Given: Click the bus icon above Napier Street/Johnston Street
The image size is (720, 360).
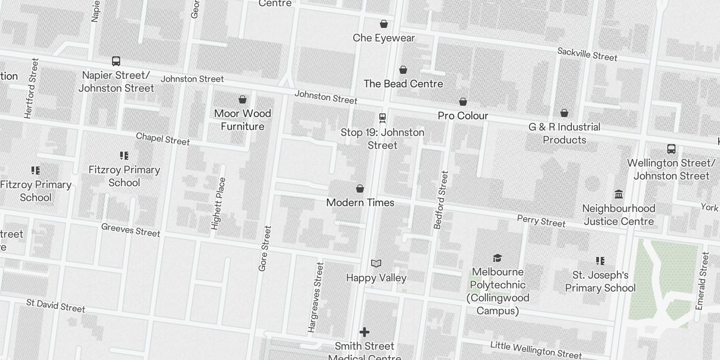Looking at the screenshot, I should click(116, 61).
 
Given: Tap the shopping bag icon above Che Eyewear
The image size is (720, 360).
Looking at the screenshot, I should click(384, 24).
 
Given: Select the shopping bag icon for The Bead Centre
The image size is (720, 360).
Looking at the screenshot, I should click(403, 70).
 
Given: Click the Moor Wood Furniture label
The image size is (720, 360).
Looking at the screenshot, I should click(243, 120).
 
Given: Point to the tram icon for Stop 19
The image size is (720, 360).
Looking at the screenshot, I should click(382, 118).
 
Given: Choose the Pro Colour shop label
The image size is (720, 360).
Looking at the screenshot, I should click(463, 116).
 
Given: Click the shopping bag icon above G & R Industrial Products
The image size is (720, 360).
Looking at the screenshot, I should click(564, 113).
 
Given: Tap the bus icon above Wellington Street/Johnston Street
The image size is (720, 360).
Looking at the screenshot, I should click(671, 149).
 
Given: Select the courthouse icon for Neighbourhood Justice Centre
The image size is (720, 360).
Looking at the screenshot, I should click(619, 194).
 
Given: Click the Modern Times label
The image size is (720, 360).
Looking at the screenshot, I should click(360, 202).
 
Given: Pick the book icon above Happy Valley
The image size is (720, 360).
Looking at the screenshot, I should click(376, 263).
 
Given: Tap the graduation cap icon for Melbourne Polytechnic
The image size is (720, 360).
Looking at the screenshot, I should click(497, 258).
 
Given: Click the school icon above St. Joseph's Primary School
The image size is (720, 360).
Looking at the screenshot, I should click(600, 261).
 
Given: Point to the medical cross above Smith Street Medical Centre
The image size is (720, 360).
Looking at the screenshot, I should click(364, 332).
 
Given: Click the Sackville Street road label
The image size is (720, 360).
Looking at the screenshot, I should click(587, 54).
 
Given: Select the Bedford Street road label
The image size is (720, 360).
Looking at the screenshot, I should click(441, 200).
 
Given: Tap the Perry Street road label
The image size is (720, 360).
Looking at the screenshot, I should click(541, 221).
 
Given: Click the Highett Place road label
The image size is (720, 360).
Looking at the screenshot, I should click(218, 203).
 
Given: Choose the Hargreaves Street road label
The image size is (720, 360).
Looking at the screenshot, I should click(315, 297).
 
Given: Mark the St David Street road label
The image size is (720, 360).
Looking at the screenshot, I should click(56, 306).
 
